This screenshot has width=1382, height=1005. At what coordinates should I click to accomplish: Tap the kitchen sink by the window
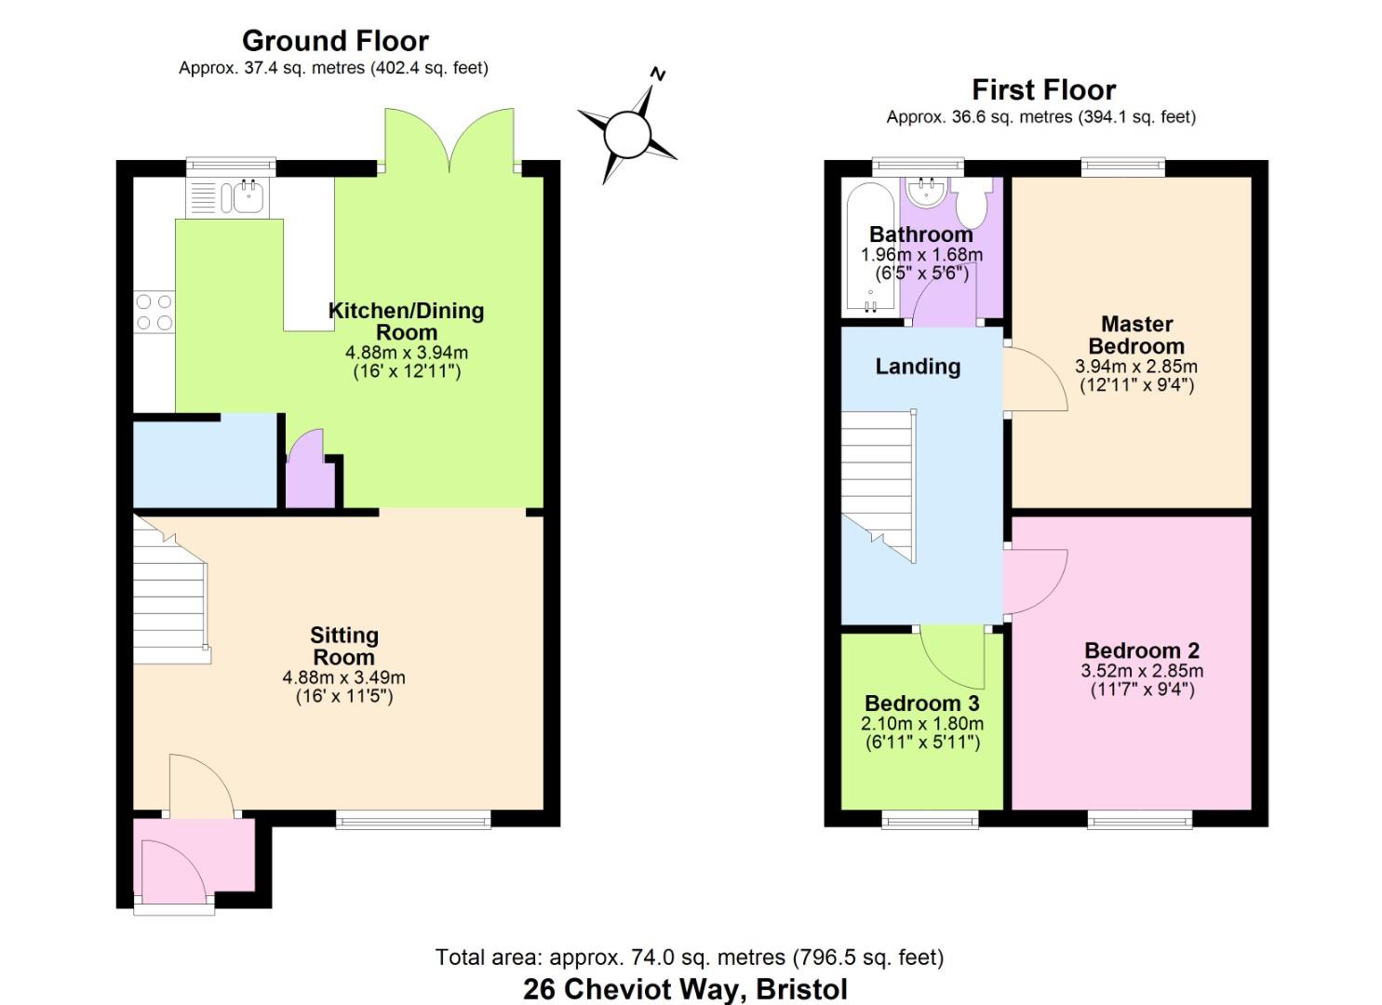tap(248, 197)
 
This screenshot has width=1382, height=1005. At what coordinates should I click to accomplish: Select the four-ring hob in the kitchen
tap(154, 312)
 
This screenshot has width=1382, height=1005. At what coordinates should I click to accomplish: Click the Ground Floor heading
tap(335, 41)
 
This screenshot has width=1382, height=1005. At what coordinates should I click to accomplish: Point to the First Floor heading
tap(1043, 90)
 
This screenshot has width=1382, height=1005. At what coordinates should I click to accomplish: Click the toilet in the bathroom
tap(973, 202)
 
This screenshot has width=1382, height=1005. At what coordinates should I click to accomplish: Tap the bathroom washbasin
tap(926, 194)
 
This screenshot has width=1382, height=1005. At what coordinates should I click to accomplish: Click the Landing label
tap(918, 367)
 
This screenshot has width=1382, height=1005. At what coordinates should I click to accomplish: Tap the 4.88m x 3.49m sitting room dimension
tap(343, 677)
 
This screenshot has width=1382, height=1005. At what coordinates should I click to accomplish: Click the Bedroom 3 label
tap(921, 703)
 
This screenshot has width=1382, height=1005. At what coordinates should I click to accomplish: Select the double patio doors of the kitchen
tap(449, 141)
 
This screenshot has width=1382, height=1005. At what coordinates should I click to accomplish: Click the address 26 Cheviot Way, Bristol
tap(685, 988)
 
